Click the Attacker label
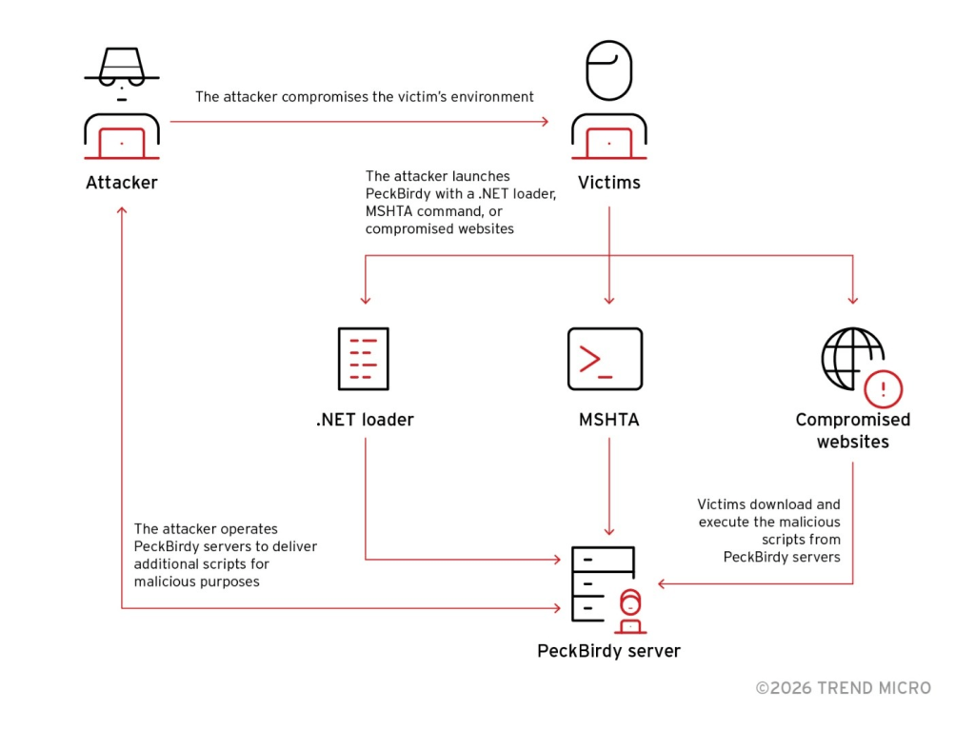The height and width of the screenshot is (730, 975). pyautogui.click(x=122, y=182)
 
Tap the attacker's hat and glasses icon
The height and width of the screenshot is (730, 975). pyautogui.click(x=122, y=69)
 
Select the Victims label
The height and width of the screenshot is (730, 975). pyautogui.click(x=609, y=182)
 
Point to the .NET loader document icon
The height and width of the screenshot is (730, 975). pyautogui.click(x=364, y=359)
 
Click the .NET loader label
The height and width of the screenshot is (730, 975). pyautogui.click(x=365, y=420)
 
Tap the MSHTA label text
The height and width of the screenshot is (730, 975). pyautogui.click(x=608, y=420)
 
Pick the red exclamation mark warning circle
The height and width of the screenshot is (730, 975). pyautogui.click(x=883, y=388)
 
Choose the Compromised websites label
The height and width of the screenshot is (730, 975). pyautogui.click(x=852, y=430)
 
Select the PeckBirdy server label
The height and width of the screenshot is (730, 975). pyautogui.click(x=608, y=651)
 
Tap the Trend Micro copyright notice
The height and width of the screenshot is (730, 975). pyautogui.click(x=843, y=687)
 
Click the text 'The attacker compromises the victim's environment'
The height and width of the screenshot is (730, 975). pyautogui.click(x=364, y=96)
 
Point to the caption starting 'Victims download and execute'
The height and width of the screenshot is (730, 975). pyautogui.click(x=768, y=530)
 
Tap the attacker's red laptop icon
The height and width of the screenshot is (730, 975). pyautogui.click(x=122, y=142)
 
